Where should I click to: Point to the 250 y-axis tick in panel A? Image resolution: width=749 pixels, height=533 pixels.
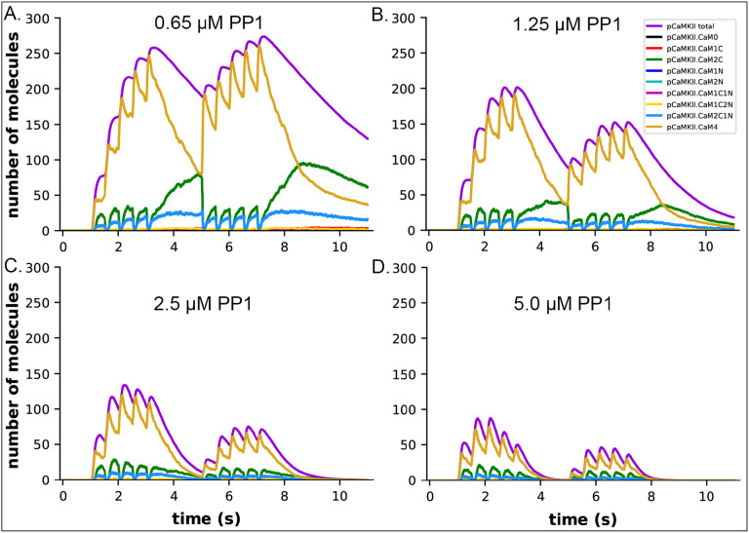[39, 53]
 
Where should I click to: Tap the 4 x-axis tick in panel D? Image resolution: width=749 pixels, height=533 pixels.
[537, 495]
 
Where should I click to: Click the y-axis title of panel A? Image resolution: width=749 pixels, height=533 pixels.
[14, 124]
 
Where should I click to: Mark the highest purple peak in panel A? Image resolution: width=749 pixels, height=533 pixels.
[262, 38]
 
